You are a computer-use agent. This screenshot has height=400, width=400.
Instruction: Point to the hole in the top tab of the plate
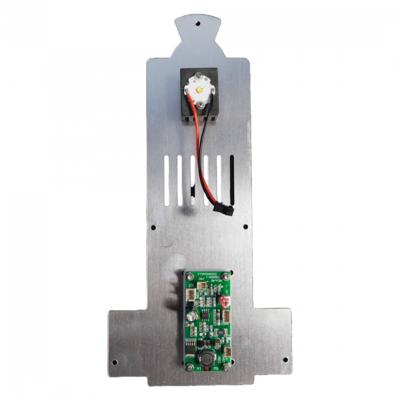(199, 23)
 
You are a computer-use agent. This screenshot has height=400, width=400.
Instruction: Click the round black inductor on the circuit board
(204, 358)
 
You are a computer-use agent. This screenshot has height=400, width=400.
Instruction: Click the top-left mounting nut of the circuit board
(189, 274)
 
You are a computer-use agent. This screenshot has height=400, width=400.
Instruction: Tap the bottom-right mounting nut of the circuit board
(228, 368)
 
